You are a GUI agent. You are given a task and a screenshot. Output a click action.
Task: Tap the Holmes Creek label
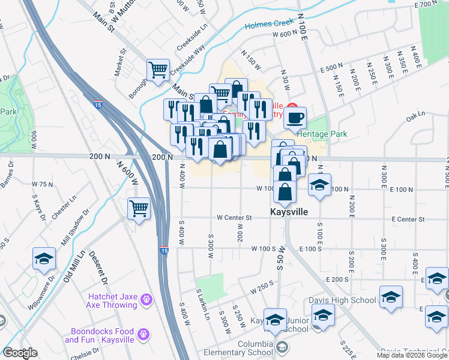tap(270, 25)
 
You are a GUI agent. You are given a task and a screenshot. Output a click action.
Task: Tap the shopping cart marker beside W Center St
tap(139, 209)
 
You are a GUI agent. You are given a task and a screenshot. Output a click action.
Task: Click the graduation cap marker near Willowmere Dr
tap(44, 259)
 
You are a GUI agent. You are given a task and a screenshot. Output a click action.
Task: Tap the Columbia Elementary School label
tap(238, 347)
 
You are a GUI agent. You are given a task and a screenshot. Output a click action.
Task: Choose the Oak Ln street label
tap(415, 118)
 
